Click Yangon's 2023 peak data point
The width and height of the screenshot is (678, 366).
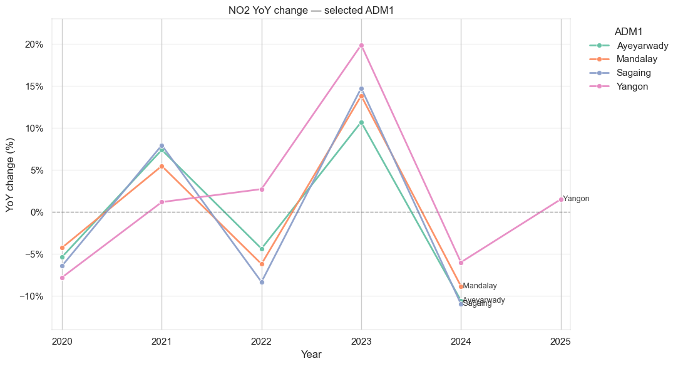(x=361, y=45)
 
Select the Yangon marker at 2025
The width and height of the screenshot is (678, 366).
(x=561, y=199)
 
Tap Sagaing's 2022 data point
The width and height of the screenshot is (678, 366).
(x=262, y=282)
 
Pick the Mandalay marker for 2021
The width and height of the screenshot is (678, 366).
(x=162, y=166)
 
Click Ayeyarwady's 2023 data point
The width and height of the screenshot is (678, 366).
(x=361, y=122)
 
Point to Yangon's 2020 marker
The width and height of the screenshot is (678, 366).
(x=62, y=278)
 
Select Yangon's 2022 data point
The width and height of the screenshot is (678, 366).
(x=262, y=189)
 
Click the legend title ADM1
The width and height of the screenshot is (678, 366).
(x=629, y=31)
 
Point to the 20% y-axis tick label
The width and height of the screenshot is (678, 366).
(x=34, y=44)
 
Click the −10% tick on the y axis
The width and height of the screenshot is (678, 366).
(x=31, y=296)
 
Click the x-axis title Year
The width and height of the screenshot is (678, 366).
(x=311, y=355)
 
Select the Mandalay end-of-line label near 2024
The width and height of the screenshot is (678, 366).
(x=480, y=286)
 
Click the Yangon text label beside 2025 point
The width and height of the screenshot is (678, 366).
(x=576, y=199)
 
